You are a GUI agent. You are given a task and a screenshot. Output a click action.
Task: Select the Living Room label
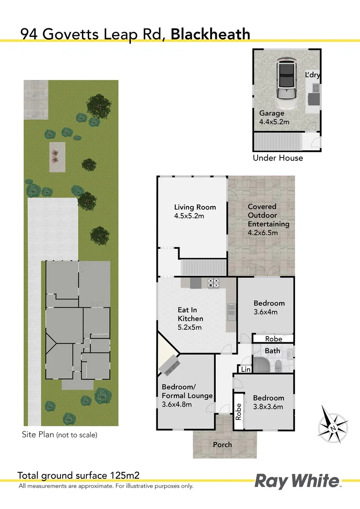[x=195, y=207]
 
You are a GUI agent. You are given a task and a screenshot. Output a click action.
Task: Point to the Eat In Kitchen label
[x=190, y=314]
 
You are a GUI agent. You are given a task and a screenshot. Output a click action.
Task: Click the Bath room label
[x=272, y=351]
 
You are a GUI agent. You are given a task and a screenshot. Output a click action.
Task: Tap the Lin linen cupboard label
[x=245, y=370]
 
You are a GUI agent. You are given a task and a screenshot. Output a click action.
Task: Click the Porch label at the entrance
[x=222, y=444]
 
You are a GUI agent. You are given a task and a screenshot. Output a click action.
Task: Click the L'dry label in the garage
[x=313, y=75]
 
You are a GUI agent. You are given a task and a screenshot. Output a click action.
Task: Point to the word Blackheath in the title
[x=210, y=34]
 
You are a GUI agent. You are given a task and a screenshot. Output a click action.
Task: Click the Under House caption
[x=278, y=158]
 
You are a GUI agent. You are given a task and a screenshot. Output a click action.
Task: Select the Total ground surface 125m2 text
[x=78, y=475]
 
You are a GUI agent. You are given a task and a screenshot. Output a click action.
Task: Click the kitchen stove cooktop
[x=213, y=283]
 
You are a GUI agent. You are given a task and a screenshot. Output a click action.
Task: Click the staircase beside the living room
[x=203, y=268]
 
